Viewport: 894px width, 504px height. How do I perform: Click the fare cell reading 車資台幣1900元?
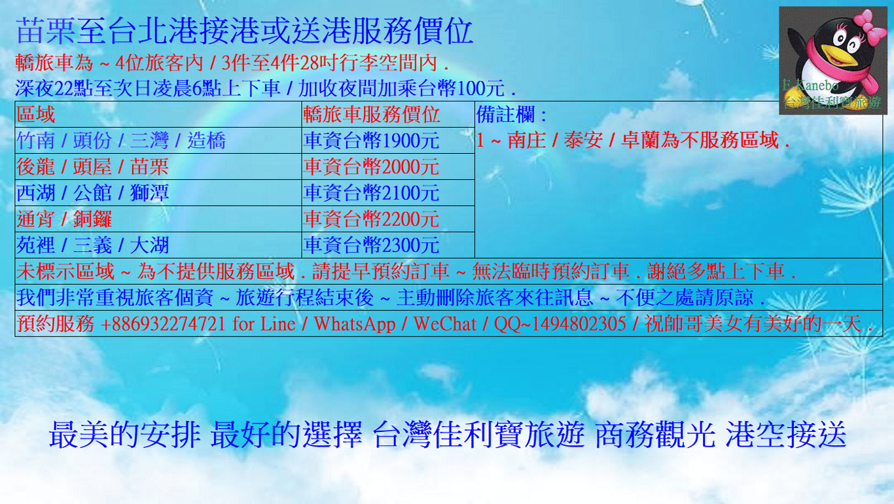[371, 141]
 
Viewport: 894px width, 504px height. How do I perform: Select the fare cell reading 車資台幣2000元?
[371, 167]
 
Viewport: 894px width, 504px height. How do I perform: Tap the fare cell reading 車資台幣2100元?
[371, 192]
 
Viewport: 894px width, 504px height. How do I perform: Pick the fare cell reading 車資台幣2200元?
[371, 219]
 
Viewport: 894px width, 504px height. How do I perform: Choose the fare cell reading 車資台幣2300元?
[371, 245]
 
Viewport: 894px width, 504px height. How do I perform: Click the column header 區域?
[35, 115]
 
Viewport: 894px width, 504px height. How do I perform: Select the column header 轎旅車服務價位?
[371, 115]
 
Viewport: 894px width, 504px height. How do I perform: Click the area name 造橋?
[206, 141]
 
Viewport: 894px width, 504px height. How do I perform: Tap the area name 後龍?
[35, 167]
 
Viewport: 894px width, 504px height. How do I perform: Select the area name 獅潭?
[150, 192]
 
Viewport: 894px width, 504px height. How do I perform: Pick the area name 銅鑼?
[92, 219]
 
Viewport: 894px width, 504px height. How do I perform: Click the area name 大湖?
[150, 245]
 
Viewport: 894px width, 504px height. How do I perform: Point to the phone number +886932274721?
[163, 323]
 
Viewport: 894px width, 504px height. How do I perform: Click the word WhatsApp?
[355, 323]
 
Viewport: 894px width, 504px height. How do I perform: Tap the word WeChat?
[445, 323]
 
